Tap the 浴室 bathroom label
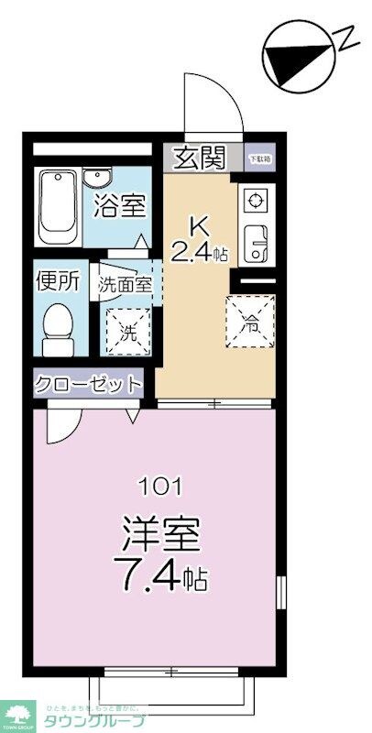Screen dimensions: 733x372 (x=119, y=205)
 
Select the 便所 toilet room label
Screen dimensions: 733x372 (x=58, y=281)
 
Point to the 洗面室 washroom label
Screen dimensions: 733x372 (x=124, y=284)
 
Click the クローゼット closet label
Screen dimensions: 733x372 (x=90, y=384)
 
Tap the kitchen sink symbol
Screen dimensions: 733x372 (x=254, y=241)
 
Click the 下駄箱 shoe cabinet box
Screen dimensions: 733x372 (x=261, y=158)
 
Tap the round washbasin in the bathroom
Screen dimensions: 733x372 (x=94, y=178)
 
